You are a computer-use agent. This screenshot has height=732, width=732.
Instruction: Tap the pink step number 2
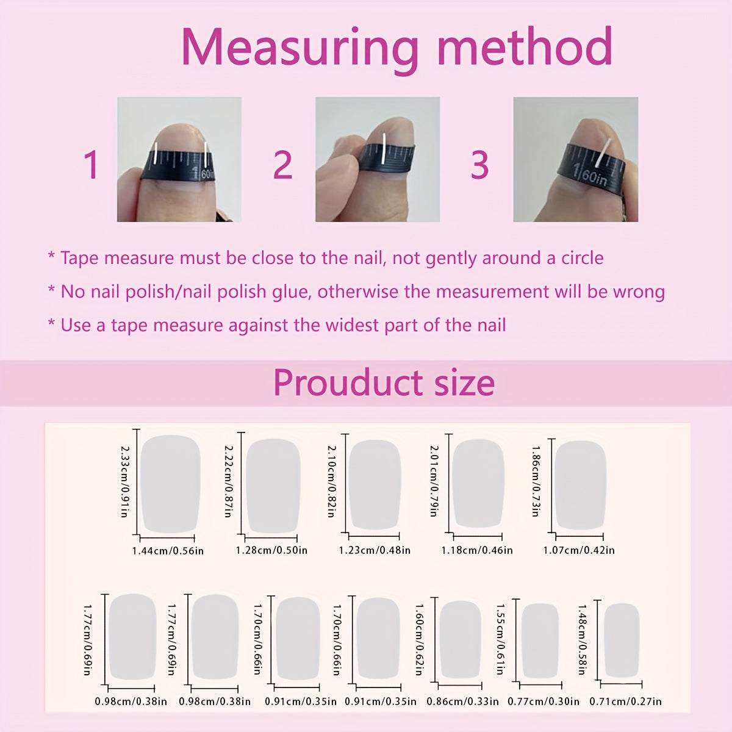pos(283,165)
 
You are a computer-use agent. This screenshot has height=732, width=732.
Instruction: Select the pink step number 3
pos(479,165)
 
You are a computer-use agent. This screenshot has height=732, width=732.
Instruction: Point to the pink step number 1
pos(91,165)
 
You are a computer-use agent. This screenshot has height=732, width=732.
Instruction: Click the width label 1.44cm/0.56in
pos(168,551)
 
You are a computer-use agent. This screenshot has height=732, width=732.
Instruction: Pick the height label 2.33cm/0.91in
pos(124,481)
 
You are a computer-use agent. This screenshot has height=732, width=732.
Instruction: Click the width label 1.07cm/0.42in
pos(578,550)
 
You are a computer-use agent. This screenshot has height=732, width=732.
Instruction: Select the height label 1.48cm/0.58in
pos(581,640)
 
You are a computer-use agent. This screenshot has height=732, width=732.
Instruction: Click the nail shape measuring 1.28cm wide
pos(273,486)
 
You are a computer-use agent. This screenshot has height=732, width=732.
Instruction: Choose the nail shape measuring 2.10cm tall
pos(375,485)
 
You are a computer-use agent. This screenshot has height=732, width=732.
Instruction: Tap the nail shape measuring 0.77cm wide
pos(540,640)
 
